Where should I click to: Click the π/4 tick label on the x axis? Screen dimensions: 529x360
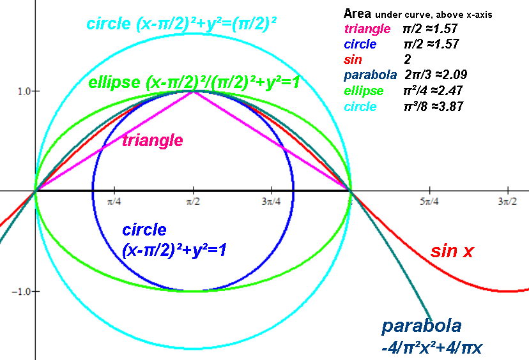pyautogui.click(x=114, y=202)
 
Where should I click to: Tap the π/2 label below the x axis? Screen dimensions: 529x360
pyautogui.click(x=193, y=202)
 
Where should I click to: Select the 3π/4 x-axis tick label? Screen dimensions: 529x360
pyautogui.click(x=272, y=202)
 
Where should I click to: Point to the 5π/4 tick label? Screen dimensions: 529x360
pyautogui.click(x=429, y=202)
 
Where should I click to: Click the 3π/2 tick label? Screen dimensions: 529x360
pyautogui.click(x=507, y=202)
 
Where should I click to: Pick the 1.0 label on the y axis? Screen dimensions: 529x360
pyautogui.click(x=24, y=91)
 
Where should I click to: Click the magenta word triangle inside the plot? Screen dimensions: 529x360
pyautogui.click(x=153, y=140)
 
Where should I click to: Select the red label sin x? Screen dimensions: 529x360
pyautogui.click(x=452, y=251)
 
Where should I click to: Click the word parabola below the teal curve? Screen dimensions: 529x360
pyautogui.click(x=422, y=326)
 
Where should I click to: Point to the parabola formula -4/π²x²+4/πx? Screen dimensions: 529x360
pyautogui.click(x=432, y=348)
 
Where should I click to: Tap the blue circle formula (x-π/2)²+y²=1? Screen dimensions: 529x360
pyautogui.click(x=174, y=250)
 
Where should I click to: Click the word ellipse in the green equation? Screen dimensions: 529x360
pyautogui.click(x=114, y=82)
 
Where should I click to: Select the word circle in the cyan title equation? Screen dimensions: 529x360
pyautogui.click(x=109, y=24)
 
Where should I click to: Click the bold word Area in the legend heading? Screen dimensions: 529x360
pyautogui.click(x=357, y=14)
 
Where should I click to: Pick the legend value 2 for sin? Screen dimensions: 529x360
pyautogui.click(x=408, y=59)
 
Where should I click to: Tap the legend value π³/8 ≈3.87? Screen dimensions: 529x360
pyautogui.click(x=434, y=107)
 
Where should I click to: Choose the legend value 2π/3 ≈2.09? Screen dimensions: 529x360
pyautogui.click(x=436, y=75)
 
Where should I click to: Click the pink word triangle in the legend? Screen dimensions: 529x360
pyautogui.click(x=367, y=29)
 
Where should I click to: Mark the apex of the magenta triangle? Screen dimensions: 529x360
pyautogui.click(x=194, y=91)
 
